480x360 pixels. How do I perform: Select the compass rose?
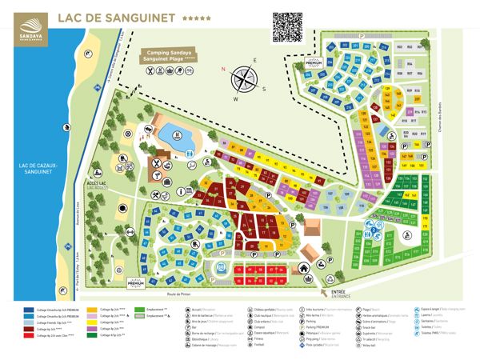click(246, 78)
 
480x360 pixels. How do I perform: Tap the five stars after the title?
click(193, 18)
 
